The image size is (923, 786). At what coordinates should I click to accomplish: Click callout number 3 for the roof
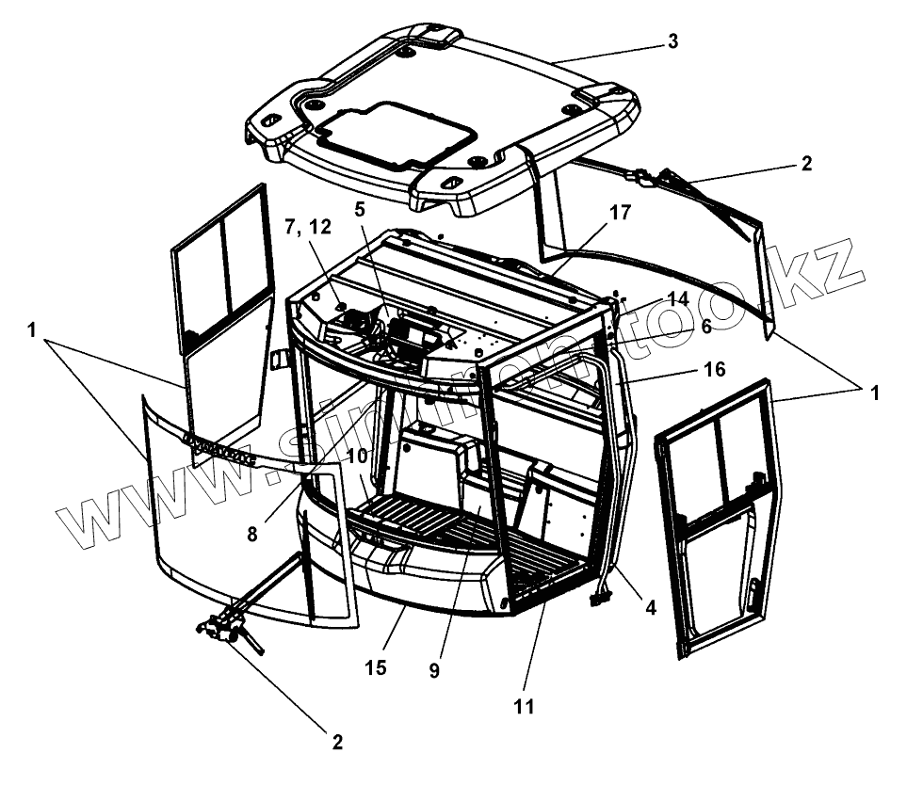672,41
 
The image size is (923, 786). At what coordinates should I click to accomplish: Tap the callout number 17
618,214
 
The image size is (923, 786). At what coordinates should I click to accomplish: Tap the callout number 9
434,671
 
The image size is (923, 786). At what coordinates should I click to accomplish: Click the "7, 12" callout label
307,227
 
